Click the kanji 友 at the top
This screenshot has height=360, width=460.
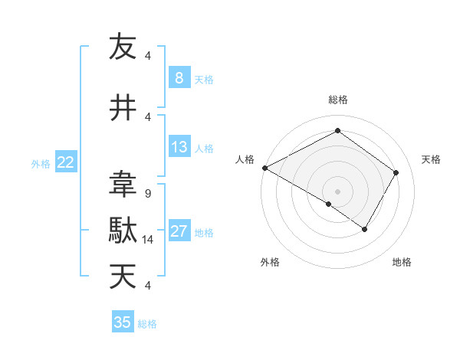pyautogui.click(x=123, y=47)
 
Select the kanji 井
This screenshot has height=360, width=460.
pyautogui.click(x=123, y=108)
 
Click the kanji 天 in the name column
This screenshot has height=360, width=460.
pyautogui.click(x=123, y=277)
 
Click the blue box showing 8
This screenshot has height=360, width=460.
pyautogui.click(x=179, y=77)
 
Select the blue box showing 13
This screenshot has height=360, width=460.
pyautogui.click(x=179, y=147)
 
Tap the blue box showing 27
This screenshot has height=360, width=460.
pyautogui.click(x=179, y=231)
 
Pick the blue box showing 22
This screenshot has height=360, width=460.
pyautogui.click(x=66, y=162)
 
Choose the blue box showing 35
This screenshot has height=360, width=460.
pyautogui.click(x=123, y=322)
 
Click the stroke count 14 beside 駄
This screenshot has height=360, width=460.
pyautogui.click(x=148, y=240)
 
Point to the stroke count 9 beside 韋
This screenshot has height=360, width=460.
pyautogui.click(x=147, y=194)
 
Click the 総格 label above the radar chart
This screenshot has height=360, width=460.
pyautogui.click(x=338, y=100)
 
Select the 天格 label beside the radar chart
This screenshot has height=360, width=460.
pyautogui.click(x=432, y=159)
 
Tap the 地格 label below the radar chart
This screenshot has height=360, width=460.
pyautogui.click(x=402, y=262)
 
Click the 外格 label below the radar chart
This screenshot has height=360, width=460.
pyautogui.click(x=270, y=262)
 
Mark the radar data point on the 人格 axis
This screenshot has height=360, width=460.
pyautogui.click(x=264, y=167)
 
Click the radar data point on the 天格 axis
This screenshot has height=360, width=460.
pyautogui.click(x=396, y=172)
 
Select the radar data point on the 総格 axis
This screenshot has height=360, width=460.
pyautogui.click(x=337, y=131)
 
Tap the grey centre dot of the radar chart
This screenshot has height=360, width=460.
pyautogui.click(x=337, y=191)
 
